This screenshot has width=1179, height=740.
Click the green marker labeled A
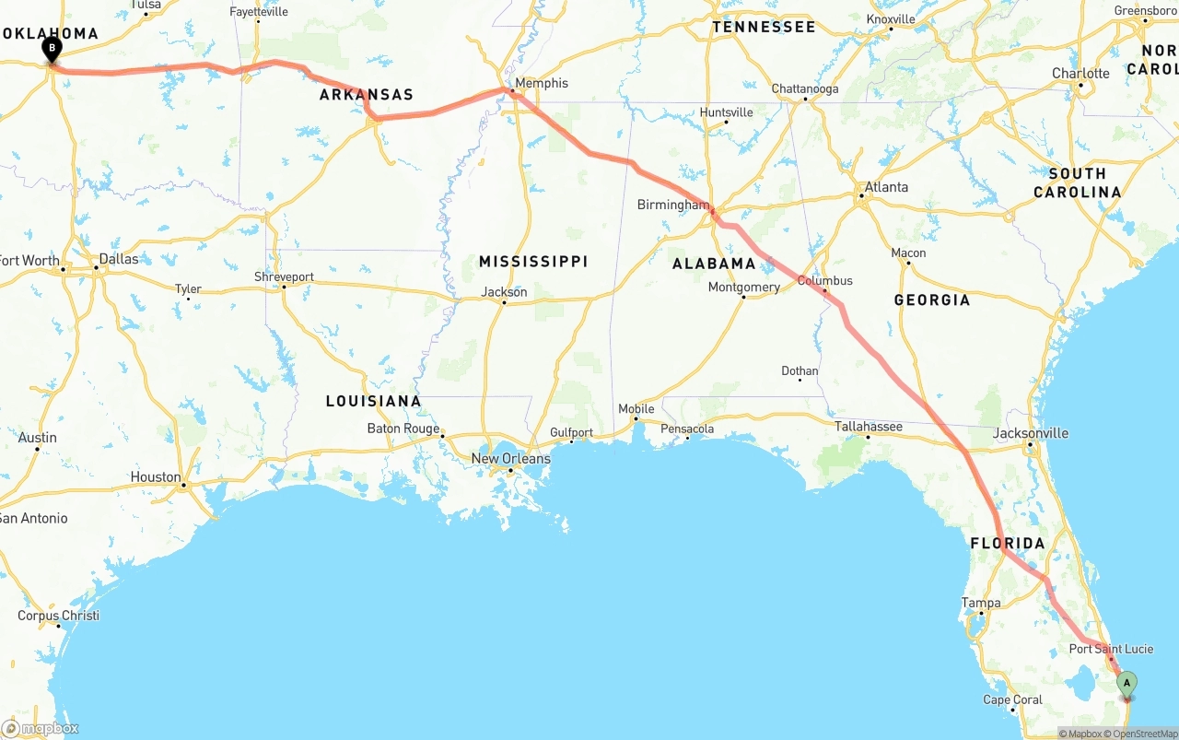[1126, 684]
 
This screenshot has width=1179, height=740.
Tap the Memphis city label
[542, 83]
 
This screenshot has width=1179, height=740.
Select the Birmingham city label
[673, 205]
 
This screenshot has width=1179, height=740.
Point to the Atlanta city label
[885, 187]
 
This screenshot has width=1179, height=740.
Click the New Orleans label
[510, 458]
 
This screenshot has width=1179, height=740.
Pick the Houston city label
[156, 476]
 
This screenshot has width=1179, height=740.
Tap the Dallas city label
[119, 259]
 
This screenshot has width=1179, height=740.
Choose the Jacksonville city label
[1031, 433]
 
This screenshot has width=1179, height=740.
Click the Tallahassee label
[868, 427]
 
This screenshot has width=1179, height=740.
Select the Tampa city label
[981, 603]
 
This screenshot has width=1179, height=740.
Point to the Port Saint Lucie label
[1111, 649]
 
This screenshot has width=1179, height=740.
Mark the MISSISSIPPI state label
[533, 262]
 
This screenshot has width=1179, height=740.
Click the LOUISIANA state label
[373, 401]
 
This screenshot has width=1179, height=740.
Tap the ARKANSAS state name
[367, 95]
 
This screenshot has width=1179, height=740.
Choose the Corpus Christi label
[58, 615]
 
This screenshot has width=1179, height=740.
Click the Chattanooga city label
[805, 88]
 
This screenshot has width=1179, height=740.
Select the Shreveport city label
[284, 276]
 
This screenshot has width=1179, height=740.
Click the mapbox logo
[41, 728]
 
